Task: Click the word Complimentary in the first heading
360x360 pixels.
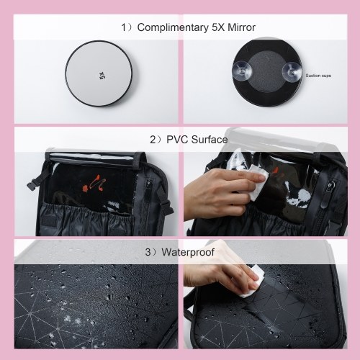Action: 173,27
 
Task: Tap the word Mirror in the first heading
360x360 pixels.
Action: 241,27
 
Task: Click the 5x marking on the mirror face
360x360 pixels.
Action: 102,76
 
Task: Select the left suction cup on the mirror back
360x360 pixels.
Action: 242,71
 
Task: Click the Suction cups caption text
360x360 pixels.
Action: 318,76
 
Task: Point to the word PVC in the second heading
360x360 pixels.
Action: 177,140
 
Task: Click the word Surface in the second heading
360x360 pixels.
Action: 210,140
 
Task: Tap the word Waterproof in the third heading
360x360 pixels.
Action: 188,252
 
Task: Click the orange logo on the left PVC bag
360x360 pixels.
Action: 94,183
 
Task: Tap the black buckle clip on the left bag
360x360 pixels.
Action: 32,185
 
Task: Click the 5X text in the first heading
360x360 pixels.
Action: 218,27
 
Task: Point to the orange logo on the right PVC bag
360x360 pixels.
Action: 276,171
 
